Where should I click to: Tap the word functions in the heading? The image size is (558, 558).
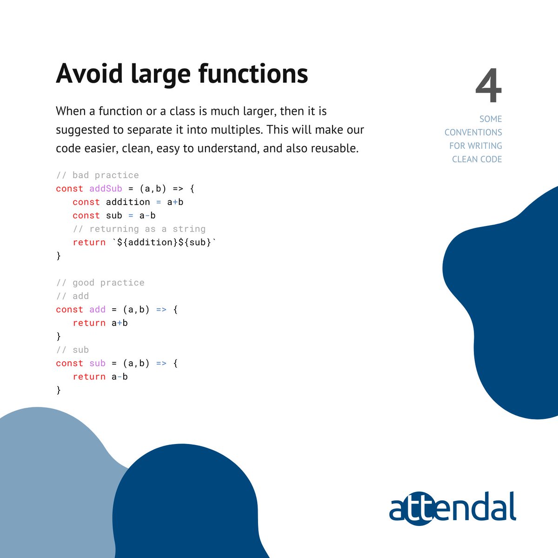[x=253, y=73]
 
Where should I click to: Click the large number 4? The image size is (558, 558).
[x=489, y=86]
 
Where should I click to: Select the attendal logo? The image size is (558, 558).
[x=452, y=508]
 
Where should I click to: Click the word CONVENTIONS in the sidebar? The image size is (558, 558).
[x=473, y=133]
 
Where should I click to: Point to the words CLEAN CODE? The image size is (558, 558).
[x=477, y=159]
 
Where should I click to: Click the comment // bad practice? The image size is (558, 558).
[x=97, y=175]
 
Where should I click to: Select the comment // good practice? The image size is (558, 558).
[x=100, y=283]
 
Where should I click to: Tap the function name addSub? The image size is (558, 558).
[x=106, y=189]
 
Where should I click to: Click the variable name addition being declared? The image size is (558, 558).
[x=128, y=202]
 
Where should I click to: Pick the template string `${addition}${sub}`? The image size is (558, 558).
[x=165, y=242]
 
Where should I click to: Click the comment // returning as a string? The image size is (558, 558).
[x=139, y=229]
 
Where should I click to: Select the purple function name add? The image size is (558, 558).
[x=97, y=310]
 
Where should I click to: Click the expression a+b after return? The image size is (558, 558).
[x=120, y=323]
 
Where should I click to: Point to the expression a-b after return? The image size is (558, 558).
[x=120, y=377]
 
